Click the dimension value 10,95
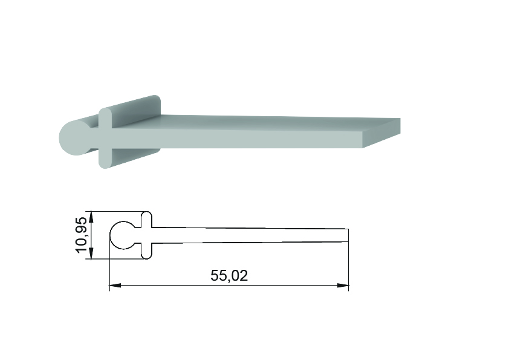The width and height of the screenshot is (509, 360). tap(81, 235)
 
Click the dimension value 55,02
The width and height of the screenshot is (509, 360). tap(229, 275)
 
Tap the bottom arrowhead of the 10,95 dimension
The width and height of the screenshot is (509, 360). tap(91, 254)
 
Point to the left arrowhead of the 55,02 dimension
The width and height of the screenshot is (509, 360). tap(115, 286)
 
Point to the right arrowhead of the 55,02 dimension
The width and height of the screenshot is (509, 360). tap(343, 286)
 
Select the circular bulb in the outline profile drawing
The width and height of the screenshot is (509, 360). tap(122, 235)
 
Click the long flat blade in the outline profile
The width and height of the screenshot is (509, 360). tap(250, 235)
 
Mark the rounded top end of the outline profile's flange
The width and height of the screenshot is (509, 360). tap(147, 214)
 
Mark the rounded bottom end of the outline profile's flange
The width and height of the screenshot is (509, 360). tap(147, 256)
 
